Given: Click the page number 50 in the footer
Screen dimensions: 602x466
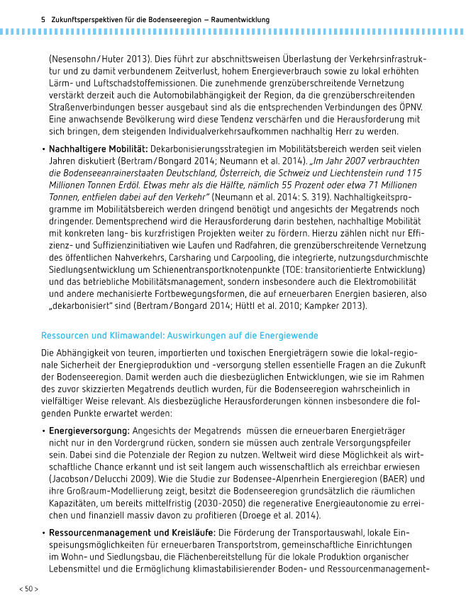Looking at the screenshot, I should pyautogui.click(x=28, y=589).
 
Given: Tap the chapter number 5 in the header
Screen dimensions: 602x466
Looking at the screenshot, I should pyautogui.click(x=44, y=21).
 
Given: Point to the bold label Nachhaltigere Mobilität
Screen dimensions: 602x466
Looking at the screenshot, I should pyautogui.click(x=98, y=149).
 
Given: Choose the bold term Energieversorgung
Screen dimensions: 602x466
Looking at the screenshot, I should pyautogui.click(x=89, y=431).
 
